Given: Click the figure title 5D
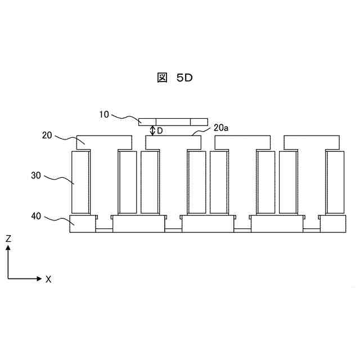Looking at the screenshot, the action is coord(184,78).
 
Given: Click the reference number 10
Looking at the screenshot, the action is coord(103,114).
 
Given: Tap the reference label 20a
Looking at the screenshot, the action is coord(221,128).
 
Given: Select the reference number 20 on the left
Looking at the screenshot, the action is coord(47,135).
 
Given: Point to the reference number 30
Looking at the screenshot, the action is coord(36,175).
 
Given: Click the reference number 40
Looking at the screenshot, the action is coord(36,216).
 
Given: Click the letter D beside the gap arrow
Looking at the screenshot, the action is coord(160,131).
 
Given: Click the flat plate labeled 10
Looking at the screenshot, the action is coord(173,122).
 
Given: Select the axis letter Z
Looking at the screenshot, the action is coord(8,239).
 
